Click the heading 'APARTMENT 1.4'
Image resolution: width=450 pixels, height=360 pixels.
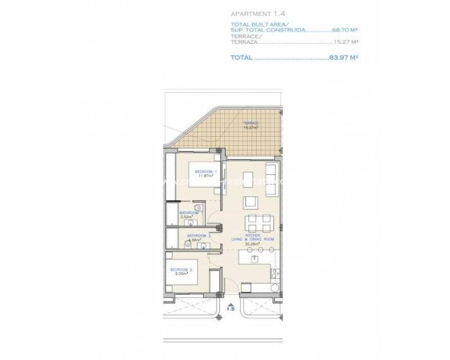(x=254, y=12)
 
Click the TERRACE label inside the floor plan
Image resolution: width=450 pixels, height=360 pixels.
(x=251, y=123)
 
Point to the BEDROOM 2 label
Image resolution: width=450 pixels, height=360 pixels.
(x=181, y=271)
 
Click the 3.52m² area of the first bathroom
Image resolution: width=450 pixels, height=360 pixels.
(x=187, y=217)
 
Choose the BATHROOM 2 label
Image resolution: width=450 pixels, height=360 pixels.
(x=197, y=235)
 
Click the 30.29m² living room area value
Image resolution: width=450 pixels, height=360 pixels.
(x=251, y=244)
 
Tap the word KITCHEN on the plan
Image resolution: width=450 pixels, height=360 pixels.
(x=251, y=235)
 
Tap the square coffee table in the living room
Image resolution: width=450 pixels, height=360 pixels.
(x=251, y=201)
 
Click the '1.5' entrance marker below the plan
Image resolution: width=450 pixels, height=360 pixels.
(x=230, y=308)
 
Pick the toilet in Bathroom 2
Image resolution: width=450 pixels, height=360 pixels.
(x=186, y=243)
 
